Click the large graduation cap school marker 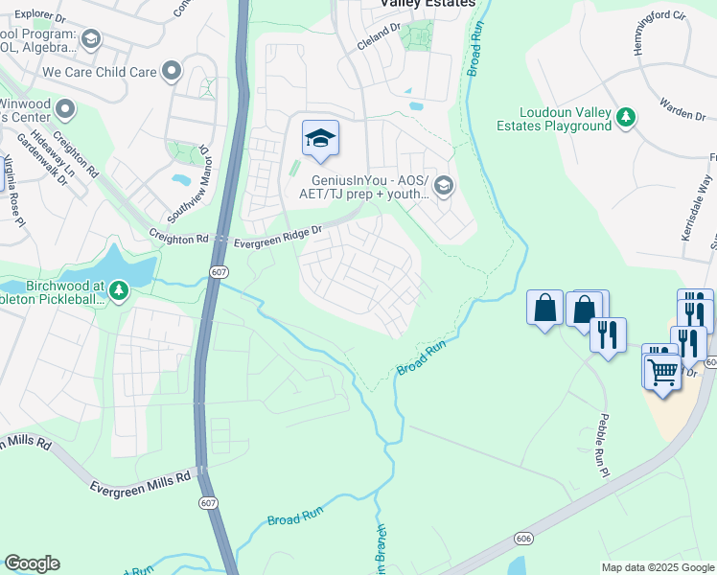321,140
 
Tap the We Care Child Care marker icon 172,71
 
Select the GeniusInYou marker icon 443,185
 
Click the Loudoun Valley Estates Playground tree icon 626,117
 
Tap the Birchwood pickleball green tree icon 118,288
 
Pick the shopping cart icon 662,369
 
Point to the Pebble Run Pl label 601,447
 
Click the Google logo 32,563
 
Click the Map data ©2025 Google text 657,567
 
